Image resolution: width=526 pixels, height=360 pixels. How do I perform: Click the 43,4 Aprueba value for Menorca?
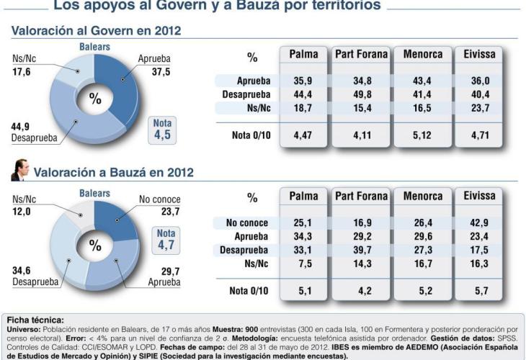pyautogui.click(x=423, y=80)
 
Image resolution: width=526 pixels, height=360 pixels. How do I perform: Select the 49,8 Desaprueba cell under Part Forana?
pyautogui.click(x=361, y=94)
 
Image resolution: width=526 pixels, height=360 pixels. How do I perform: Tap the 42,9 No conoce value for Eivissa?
pyautogui.click(x=480, y=222)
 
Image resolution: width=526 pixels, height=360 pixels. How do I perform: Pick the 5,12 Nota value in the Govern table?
pyautogui.click(x=423, y=134)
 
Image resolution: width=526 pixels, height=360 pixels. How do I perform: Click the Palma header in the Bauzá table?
pyautogui.click(x=303, y=197)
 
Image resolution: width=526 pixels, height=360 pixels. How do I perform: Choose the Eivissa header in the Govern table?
pyautogui.click(x=480, y=54)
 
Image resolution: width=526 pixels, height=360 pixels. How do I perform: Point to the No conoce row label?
pyautogui.click(x=246, y=222)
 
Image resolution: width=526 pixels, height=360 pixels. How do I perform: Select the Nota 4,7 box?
pyautogui.click(x=166, y=240)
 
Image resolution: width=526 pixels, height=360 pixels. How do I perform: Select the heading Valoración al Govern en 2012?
pyautogui.click(x=96, y=30)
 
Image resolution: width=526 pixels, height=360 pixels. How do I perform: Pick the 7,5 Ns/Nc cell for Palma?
pyautogui.click(x=303, y=264)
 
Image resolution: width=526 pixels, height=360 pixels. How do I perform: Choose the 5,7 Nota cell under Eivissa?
pyautogui.click(x=480, y=290)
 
